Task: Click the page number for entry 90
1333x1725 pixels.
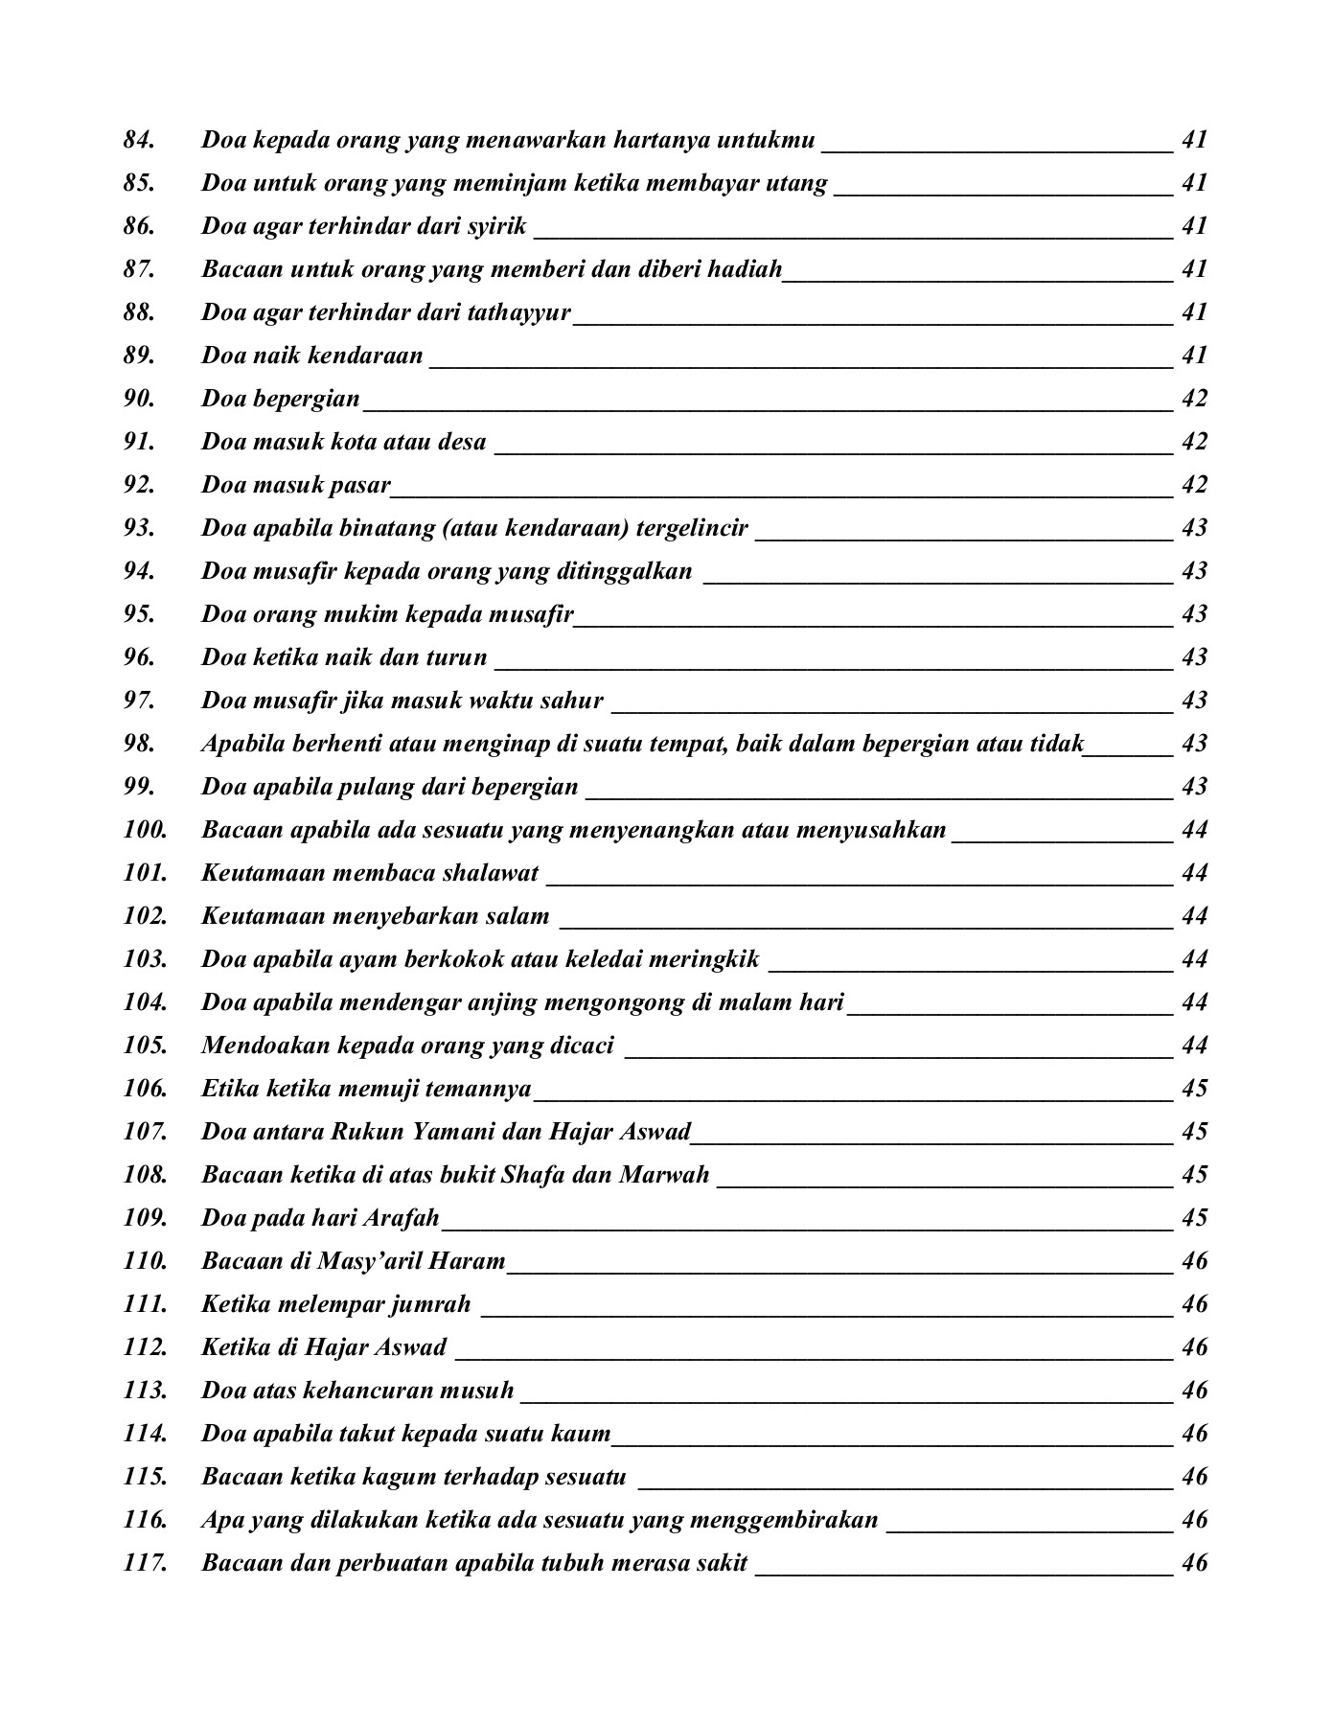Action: [1194, 399]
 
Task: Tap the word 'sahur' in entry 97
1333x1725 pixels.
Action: [574, 701]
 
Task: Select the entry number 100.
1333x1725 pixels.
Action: [145, 830]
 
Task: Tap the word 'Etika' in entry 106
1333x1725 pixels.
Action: [225, 1089]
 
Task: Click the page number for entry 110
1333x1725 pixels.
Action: [1194, 1261]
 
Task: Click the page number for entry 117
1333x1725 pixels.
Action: [1194, 1563]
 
